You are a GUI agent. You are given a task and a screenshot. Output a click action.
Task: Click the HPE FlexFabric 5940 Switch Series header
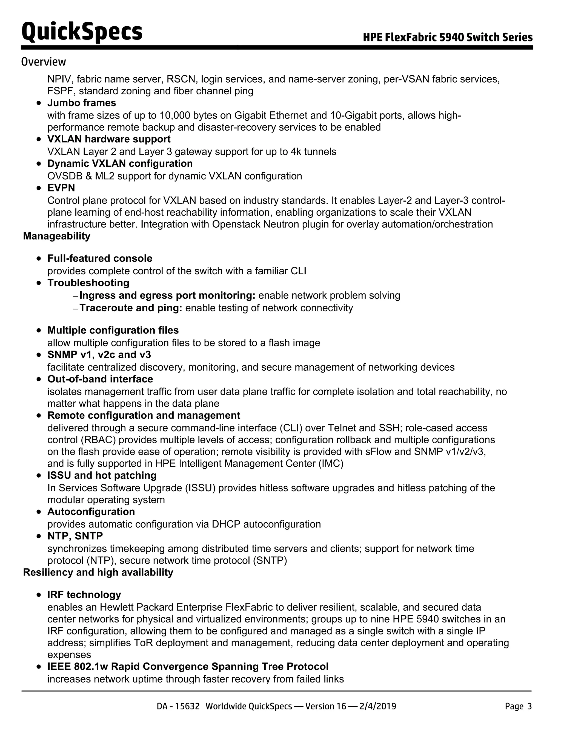point(448,37)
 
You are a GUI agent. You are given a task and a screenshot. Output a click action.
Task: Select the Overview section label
point(43,62)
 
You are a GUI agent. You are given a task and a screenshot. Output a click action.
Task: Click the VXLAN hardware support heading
point(109,139)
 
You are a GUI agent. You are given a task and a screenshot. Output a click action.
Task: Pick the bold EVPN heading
point(61,188)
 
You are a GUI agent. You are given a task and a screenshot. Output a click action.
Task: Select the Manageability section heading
point(57,236)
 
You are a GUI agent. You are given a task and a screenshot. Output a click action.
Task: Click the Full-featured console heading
point(99,258)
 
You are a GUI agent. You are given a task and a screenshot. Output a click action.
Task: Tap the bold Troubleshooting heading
point(88,283)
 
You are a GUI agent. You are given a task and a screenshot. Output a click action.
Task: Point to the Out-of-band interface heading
point(100,379)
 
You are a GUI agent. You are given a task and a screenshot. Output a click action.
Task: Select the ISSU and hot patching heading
point(102,475)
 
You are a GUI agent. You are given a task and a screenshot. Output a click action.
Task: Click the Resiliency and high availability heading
point(98,572)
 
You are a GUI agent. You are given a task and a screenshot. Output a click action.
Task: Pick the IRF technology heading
point(84,594)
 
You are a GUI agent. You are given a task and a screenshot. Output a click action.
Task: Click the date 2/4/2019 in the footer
point(378,706)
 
